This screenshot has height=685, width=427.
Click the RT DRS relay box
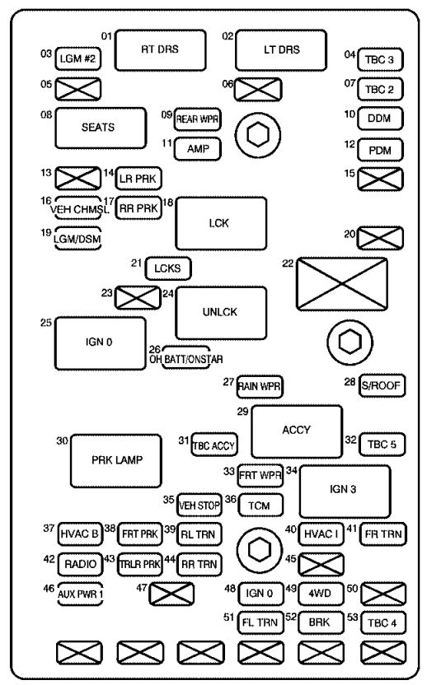tap(160, 49)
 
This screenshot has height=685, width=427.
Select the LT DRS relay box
tap(281, 49)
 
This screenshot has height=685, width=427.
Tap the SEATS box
tap(101, 128)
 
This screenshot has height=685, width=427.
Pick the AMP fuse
tap(198, 149)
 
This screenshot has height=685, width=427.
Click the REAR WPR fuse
tap(197, 119)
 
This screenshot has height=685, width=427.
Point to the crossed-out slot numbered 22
tap(342, 284)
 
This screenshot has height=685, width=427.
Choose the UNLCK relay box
tap(221, 313)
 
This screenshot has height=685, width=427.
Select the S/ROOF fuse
tap(382, 385)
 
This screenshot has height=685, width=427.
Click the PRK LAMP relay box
tap(116, 460)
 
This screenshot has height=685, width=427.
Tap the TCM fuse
tap(260, 506)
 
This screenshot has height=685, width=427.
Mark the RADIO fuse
tap(81, 564)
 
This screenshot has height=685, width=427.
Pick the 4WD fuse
tap(320, 594)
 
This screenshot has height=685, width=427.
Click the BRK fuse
tap(320, 622)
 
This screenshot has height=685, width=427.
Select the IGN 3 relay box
tap(345, 492)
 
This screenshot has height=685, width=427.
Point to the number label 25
tap(46, 323)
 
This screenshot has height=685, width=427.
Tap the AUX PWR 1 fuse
tap(80, 594)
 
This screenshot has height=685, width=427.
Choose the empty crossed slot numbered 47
tap(171, 594)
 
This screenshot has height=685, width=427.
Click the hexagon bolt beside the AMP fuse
tap(258, 135)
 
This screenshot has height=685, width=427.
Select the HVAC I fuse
tap(321, 534)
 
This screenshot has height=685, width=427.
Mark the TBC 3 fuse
tap(380, 59)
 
